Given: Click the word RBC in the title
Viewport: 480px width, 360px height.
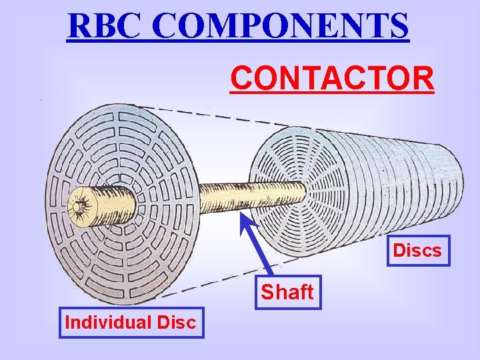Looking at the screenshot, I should (107, 26).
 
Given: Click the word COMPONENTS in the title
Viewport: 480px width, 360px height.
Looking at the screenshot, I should (282, 26).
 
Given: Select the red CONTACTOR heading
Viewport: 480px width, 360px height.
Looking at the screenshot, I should (332, 77).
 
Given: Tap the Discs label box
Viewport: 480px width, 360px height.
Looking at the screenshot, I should (417, 251).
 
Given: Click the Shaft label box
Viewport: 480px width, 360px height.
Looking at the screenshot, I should (287, 292).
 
